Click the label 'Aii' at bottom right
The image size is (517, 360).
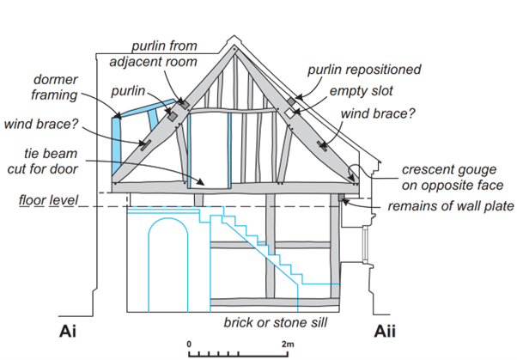point(387,331)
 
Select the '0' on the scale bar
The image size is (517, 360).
point(189,343)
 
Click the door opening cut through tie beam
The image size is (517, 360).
point(210,150)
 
